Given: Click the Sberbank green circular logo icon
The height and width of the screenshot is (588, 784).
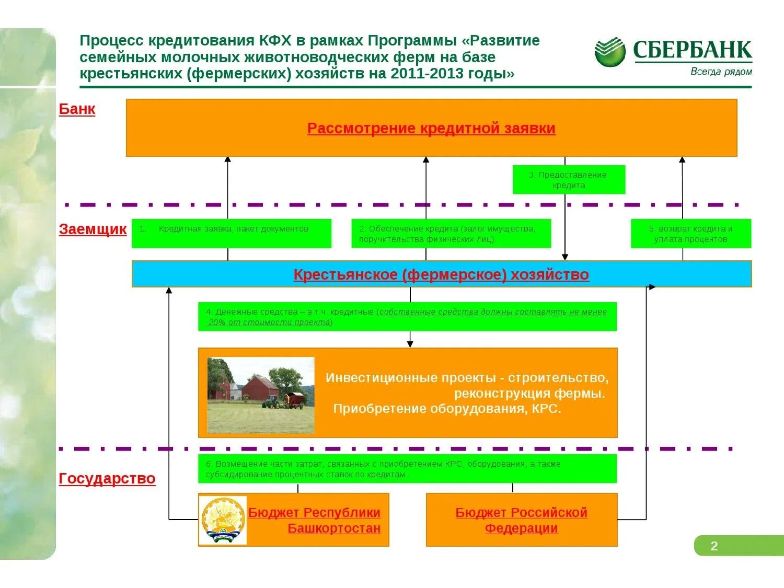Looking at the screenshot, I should [x=609, y=52].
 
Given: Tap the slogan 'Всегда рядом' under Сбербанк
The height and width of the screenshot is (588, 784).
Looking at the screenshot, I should [x=721, y=72].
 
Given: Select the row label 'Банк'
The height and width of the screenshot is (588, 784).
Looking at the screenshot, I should [x=77, y=109].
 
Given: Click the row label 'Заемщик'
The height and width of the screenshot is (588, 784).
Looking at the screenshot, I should [x=93, y=229].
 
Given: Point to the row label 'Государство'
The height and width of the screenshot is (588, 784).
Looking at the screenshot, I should [x=107, y=478].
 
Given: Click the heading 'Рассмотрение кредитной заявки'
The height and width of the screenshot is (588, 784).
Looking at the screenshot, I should [x=431, y=128].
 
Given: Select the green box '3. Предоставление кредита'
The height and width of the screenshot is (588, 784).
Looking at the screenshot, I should [x=569, y=180].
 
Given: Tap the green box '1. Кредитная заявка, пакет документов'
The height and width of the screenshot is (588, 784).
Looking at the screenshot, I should [x=231, y=233].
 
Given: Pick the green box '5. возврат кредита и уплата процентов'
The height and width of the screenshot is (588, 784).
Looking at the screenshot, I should [x=690, y=233].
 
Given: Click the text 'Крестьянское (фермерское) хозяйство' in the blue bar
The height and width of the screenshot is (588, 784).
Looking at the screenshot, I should [x=441, y=274].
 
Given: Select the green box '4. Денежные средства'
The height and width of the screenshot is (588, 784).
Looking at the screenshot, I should [x=407, y=317].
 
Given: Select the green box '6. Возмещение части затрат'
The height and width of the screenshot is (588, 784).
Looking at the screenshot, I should [x=407, y=469].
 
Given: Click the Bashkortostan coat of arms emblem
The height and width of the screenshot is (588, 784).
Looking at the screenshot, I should [x=224, y=520].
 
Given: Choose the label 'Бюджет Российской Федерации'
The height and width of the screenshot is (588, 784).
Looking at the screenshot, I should [x=521, y=520].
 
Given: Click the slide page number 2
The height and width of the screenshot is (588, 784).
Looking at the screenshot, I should [x=714, y=546].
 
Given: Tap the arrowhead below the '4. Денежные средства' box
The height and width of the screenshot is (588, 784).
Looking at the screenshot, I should [x=410, y=343].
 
